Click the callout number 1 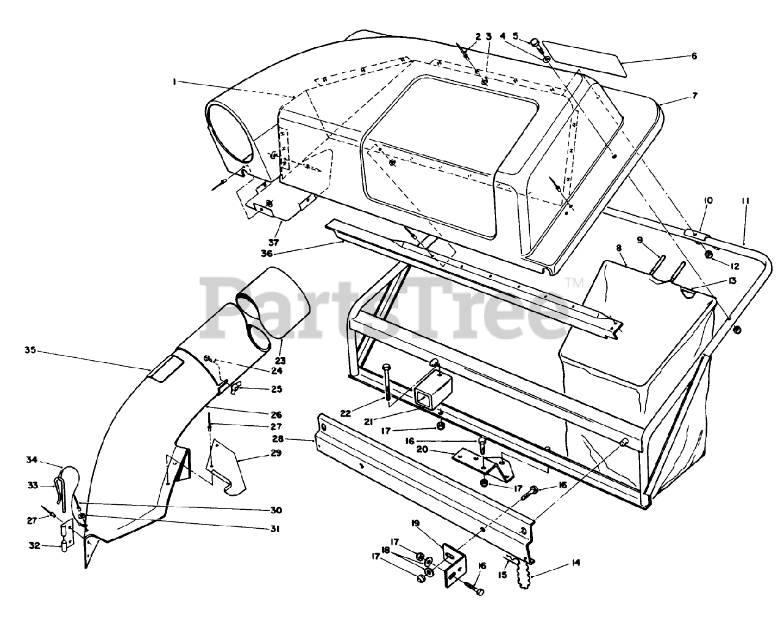click(175, 81)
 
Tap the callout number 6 click(694, 56)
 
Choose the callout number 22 click(346, 414)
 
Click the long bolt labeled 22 click(388, 382)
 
